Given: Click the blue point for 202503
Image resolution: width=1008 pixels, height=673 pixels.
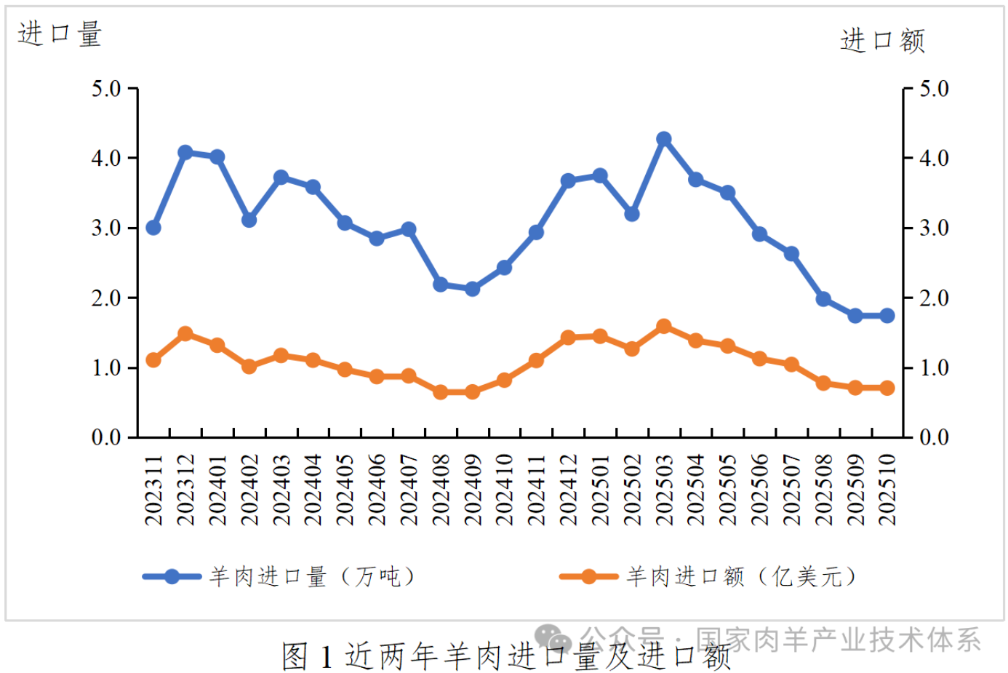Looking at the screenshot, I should (663, 139).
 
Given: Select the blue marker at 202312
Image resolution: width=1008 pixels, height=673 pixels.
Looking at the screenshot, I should (185, 153).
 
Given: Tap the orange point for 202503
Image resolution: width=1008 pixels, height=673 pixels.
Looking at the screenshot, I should (663, 327).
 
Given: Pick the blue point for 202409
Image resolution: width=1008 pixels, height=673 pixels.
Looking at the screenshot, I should (472, 289).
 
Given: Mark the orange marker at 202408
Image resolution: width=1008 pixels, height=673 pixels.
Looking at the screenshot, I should (440, 392).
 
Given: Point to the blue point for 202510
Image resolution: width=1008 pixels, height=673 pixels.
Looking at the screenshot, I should (887, 316).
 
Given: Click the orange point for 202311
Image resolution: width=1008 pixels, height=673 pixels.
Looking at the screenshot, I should (153, 360).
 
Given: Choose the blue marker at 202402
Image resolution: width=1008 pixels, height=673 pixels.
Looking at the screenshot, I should (249, 220).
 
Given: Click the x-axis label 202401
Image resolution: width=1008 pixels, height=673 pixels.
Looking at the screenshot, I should (217, 490).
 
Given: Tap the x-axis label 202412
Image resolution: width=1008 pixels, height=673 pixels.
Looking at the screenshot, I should (568, 490).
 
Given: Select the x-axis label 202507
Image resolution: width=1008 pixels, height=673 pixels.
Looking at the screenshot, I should (791, 490).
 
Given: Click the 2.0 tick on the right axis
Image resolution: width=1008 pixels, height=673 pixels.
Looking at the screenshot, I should (934, 298).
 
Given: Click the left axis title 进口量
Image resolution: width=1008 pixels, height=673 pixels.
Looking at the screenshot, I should (60, 34).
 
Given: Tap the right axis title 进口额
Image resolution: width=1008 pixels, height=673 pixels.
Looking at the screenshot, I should (882, 41).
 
